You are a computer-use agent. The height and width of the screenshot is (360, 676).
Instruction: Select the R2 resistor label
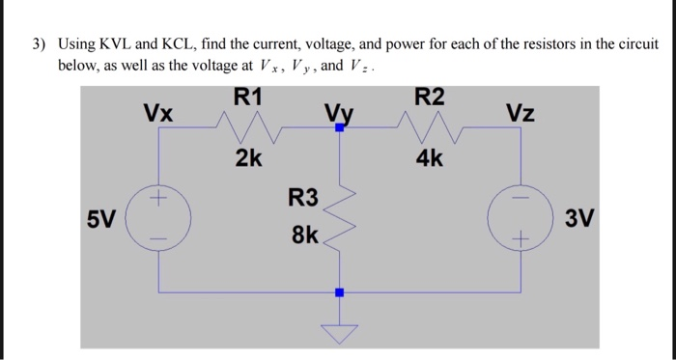430,97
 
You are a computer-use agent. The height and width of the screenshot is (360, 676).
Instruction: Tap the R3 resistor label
302,200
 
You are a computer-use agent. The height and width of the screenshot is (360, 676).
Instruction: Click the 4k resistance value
430,157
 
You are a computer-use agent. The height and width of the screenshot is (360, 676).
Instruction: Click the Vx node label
158,113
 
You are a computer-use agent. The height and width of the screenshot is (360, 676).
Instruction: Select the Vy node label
338,113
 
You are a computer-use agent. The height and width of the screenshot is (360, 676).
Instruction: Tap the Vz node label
520,113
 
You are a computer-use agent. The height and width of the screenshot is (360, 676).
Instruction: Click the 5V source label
99,219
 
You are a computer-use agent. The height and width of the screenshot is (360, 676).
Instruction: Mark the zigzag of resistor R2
430,125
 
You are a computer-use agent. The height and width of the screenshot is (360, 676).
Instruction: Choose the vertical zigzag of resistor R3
339,217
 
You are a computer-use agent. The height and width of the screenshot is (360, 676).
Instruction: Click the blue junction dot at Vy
339,126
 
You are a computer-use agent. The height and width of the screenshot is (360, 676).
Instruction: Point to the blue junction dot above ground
339,291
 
